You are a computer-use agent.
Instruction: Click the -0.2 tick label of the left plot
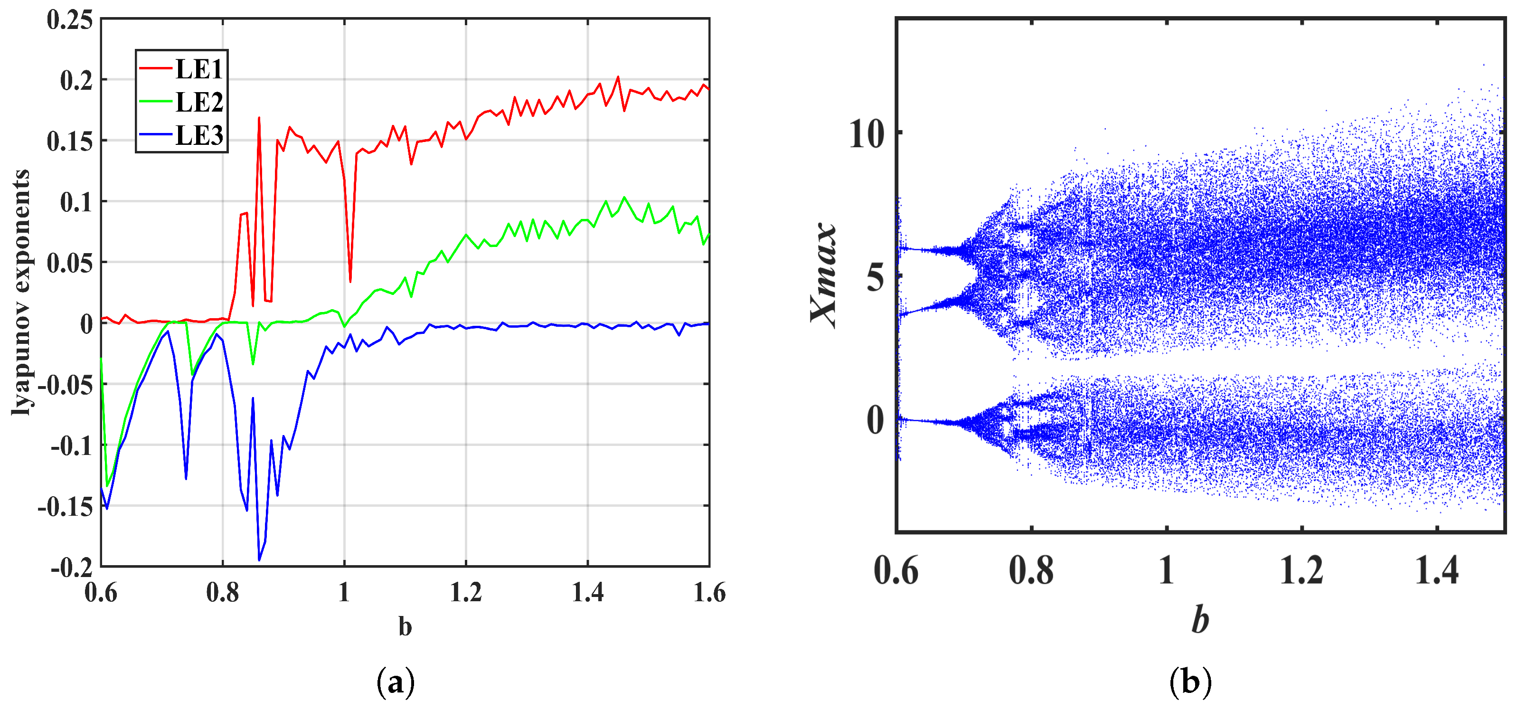[x=71, y=568]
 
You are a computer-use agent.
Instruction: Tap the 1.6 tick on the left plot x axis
[x=709, y=593]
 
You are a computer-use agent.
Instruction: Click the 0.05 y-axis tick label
[x=69, y=263]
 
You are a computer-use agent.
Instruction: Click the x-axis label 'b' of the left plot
[x=405, y=627]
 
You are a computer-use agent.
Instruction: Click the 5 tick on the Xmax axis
[x=876, y=276]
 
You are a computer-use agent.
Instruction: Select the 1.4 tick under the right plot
[x=1437, y=570]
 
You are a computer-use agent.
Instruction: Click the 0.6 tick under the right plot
[x=896, y=570]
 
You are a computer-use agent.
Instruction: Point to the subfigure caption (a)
[x=395, y=682]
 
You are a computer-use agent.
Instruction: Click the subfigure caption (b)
[x=1190, y=682]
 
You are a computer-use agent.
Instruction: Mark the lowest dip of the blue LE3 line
[x=259, y=560]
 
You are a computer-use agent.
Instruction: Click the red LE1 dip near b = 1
[x=350, y=281]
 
